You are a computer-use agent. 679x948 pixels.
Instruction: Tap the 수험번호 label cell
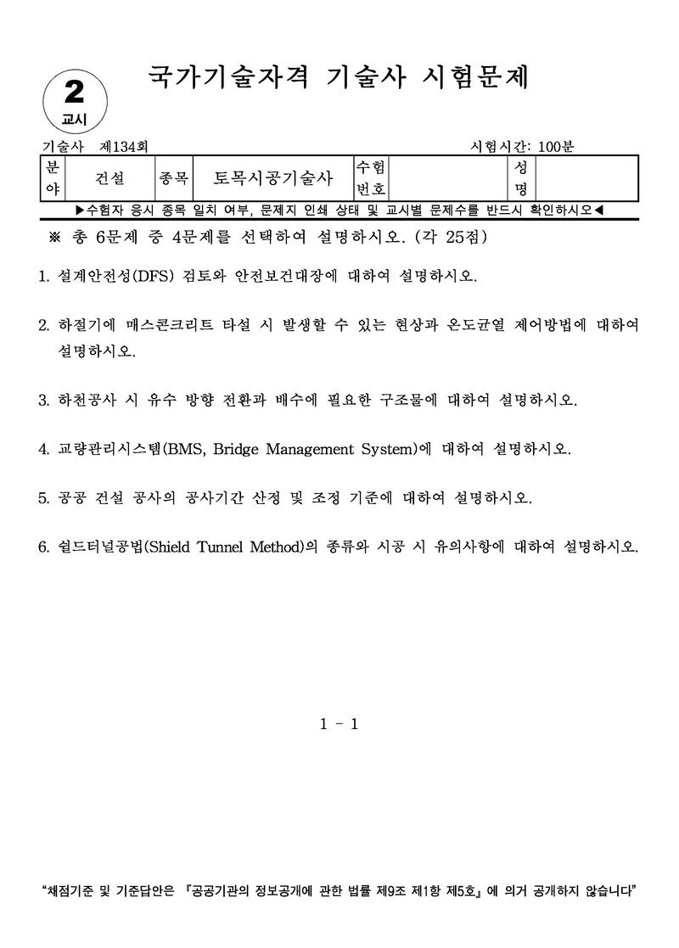(372, 178)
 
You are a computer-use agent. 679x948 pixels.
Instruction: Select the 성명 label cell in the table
(520, 178)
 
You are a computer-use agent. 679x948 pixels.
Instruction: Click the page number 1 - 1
(339, 724)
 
